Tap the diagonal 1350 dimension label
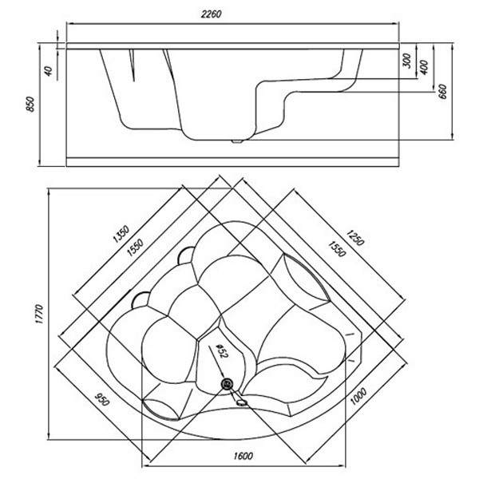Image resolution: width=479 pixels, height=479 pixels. coord(120,236)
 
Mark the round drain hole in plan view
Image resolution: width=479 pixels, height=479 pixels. coord(228,385)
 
